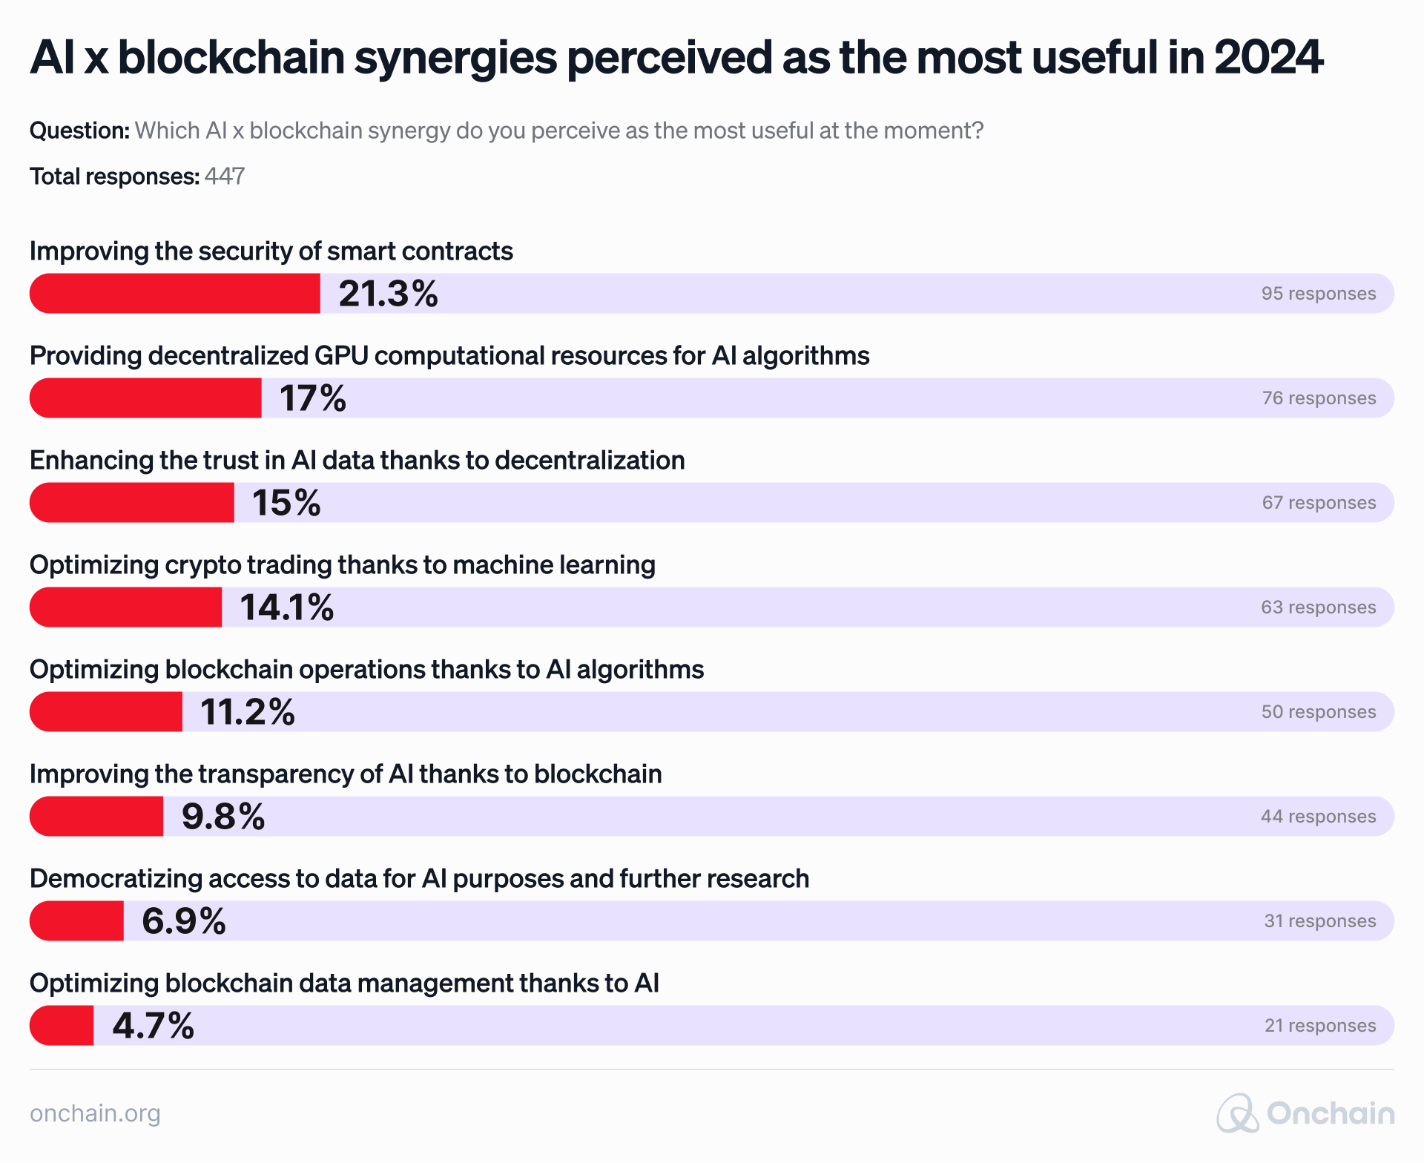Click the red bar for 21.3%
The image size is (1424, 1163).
(x=175, y=293)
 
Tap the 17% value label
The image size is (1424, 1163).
(x=312, y=398)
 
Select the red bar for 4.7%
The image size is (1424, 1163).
(x=62, y=1026)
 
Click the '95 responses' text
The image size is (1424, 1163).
(x=1318, y=294)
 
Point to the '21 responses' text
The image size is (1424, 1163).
(x=1319, y=1026)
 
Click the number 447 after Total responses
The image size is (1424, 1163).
(x=225, y=177)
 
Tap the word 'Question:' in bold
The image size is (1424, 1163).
(x=79, y=131)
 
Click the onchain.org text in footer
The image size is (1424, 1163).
(x=95, y=1113)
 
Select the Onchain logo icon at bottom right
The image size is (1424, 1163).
(x=1237, y=1113)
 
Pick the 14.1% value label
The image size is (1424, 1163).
(x=286, y=607)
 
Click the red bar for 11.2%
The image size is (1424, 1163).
(x=106, y=712)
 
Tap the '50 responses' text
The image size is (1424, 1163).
(x=1318, y=712)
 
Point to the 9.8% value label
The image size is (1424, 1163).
(x=222, y=817)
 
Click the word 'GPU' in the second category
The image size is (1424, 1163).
(x=341, y=356)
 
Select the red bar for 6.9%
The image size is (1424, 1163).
(x=77, y=921)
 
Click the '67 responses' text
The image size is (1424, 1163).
(x=1319, y=503)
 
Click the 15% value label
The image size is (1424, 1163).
(x=286, y=503)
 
